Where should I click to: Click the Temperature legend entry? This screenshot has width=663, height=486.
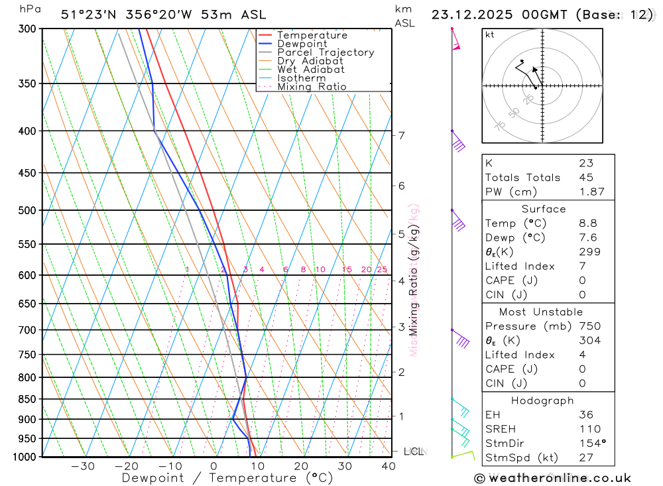312,35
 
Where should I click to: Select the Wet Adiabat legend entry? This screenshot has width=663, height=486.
310,70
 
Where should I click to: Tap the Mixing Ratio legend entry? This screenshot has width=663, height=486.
312,87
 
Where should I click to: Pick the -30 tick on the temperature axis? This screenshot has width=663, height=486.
82,466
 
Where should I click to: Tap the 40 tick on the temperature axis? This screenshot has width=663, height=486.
389,466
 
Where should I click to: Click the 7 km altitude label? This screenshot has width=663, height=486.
401,135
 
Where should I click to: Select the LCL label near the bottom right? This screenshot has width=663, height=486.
413,452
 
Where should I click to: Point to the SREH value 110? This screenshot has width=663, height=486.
589,429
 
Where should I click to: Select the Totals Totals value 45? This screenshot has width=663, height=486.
586,177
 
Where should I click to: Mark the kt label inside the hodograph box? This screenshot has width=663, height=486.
489,34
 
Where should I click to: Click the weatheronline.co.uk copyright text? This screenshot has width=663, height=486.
552,478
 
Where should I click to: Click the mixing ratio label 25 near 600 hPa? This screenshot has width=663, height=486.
382,269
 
